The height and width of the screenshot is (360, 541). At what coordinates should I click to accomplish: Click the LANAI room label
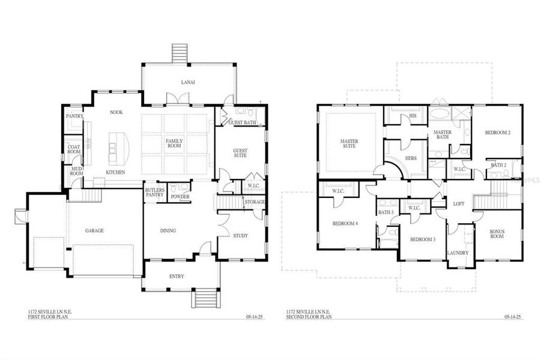click(x=189, y=82)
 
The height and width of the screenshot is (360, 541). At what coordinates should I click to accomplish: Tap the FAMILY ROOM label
click(x=175, y=143)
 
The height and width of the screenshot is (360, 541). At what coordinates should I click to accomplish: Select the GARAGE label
click(x=94, y=230)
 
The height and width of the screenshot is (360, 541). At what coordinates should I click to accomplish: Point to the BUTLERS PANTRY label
click(x=155, y=193)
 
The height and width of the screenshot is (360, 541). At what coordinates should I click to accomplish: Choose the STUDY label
click(x=240, y=236)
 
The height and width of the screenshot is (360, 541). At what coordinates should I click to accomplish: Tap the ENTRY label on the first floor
click(x=177, y=276)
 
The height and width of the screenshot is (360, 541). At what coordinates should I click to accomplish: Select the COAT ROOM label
click(x=74, y=149)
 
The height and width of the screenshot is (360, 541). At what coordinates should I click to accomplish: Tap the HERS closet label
click(x=411, y=158)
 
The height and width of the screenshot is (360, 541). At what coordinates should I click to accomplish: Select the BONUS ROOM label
click(x=497, y=233)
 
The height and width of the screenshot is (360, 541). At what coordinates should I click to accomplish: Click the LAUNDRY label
click(x=458, y=253)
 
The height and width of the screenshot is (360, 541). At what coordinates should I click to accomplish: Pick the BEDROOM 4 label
click(x=345, y=224)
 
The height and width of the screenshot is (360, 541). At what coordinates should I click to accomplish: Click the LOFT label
click(x=458, y=204)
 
